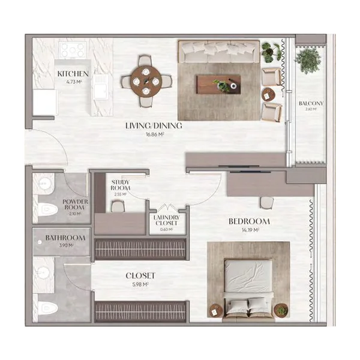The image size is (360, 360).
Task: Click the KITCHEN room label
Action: point(74,74)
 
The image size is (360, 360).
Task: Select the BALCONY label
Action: point(310,103)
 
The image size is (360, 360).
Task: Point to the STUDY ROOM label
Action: point(120,183)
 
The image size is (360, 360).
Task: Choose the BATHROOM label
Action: point(65,238)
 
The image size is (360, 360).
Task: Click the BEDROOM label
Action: point(249,221)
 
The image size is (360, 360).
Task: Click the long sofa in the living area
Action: point(220,53)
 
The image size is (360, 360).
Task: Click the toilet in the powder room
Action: point(48,209)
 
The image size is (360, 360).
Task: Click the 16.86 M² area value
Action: point(154,135)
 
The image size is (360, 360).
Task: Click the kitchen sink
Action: point(99,90)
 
